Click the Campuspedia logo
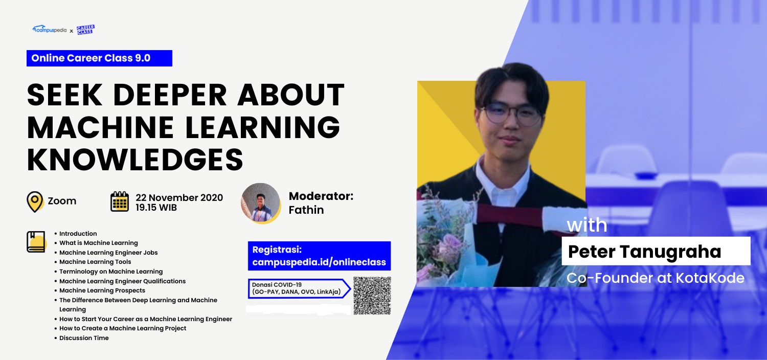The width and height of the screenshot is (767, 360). [x=49, y=30]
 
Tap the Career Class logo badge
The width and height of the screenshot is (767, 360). [x=85, y=30]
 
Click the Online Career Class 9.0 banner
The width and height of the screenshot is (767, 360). [x=99, y=58]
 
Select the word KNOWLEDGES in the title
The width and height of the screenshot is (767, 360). [x=135, y=160]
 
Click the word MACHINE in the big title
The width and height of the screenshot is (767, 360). [x=101, y=127]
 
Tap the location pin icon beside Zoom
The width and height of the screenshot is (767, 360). [x=35, y=202]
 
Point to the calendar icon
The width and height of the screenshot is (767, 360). [x=120, y=201]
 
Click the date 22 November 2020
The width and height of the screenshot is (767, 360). [x=179, y=197]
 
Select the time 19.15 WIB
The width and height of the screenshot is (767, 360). [x=156, y=208]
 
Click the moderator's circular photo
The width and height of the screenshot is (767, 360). [x=261, y=203]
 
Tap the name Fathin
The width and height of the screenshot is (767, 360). [x=306, y=210]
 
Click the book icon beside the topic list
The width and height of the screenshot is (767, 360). [x=36, y=242]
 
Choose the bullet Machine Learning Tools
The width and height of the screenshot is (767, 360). [x=95, y=262]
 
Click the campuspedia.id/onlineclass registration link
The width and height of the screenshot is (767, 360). [x=319, y=262]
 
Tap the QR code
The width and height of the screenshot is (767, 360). [x=372, y=296]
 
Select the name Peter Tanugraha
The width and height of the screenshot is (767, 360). [x=644, y=252]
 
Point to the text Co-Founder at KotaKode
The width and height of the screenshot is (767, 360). [x=656, y=278]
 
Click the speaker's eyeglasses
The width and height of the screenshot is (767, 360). [x=512, y=114]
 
